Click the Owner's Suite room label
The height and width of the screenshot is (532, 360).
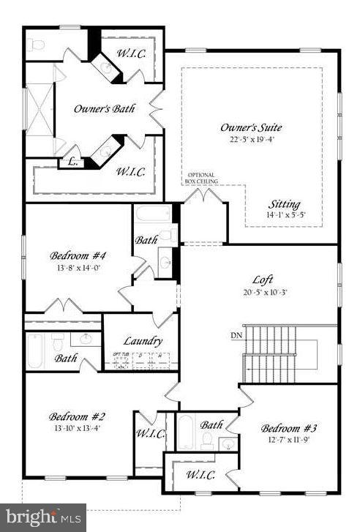(x=251, y=127)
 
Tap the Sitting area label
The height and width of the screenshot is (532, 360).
(x=284, y=204)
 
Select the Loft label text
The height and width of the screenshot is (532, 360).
(x=263, y=279)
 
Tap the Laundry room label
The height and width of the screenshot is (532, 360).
(x=142, y=340)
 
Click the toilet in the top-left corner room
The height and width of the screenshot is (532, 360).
(x=38, y=45)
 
